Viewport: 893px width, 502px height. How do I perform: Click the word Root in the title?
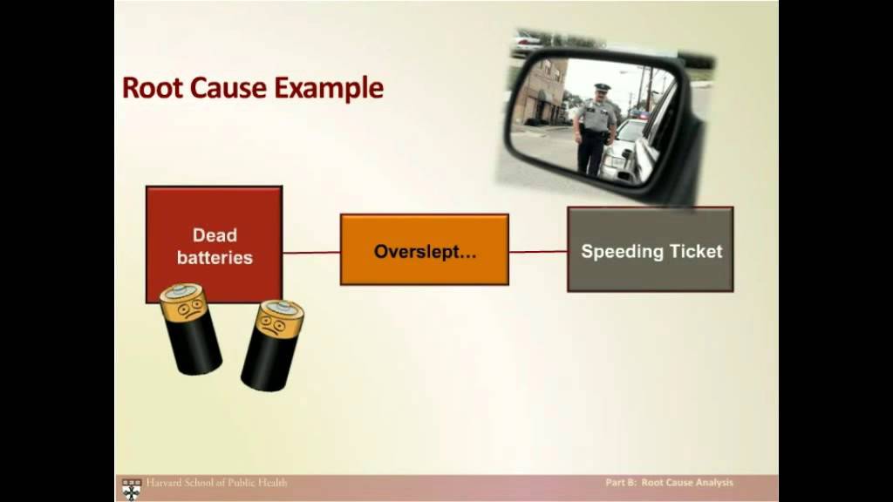tap(150, 88)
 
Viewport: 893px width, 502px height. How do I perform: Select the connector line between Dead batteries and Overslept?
tap(311, 253)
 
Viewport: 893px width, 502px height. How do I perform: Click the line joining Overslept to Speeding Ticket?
tap(538, 252)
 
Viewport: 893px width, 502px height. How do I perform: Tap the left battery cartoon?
tap(191, 329)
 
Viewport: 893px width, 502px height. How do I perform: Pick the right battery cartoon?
tap(272, 344)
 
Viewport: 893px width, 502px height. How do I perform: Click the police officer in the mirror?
tap(595, 127)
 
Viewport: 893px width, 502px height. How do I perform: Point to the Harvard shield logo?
tap(132, 487)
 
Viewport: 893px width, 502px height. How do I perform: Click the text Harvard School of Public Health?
tap(215, 483)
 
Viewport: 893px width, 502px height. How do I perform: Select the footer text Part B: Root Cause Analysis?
tap(670, 483)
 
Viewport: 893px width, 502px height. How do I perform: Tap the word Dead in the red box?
tap(215, 235)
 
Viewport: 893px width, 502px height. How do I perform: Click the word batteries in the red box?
tap(215, 258)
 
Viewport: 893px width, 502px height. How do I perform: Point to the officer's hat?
tap(602, 88)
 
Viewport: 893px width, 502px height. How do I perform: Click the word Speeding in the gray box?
tap(621, 252)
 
